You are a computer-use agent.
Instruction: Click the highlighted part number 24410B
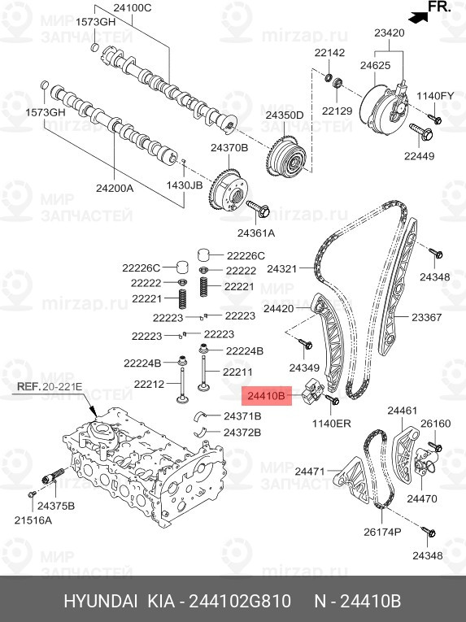(x=267, y=397)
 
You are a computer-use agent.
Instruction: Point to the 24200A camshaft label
(x=115, y=187)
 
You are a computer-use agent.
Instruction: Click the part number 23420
(x=389, y=33)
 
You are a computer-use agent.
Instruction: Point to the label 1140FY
(x=435, y=96)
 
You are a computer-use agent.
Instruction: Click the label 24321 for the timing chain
(x=282, y=268)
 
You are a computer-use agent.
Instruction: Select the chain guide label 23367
(x=426, y=317)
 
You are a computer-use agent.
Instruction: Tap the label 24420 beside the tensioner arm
(x=278, y=309)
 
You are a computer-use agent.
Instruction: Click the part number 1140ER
(x=331, y=424)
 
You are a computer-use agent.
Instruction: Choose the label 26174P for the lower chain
(x=381, y=532)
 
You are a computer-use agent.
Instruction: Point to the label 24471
(x=309, y=471)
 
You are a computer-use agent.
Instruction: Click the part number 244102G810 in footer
(x=239, y=602)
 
